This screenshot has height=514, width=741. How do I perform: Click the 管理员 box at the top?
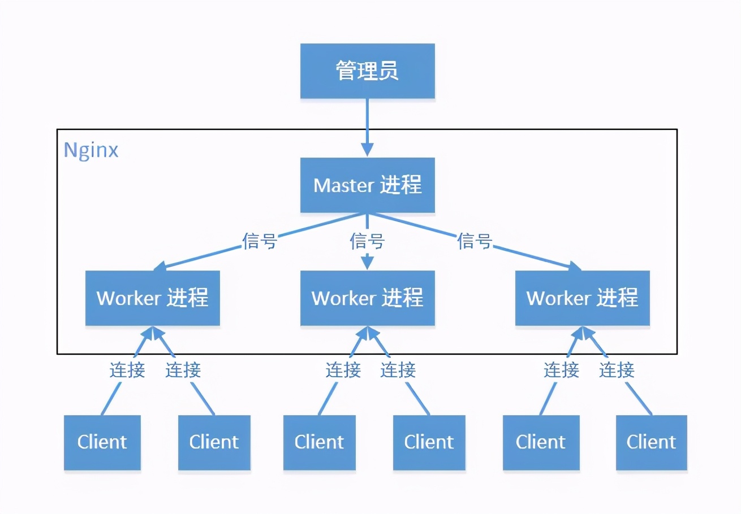(x=368, y=71)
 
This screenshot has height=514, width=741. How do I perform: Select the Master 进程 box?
(x=368, y=185)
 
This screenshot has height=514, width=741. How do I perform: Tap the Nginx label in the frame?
(x=91, y=150)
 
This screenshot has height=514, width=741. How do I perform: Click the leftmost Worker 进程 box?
(x=153, y=298)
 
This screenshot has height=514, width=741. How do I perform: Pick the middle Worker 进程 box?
(x=368, y=298)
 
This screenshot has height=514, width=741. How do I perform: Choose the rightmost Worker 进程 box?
(x=583, y=298)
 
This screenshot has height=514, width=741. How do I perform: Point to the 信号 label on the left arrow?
(x=259, y=241)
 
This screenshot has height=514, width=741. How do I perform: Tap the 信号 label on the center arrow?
(x=368, y=241)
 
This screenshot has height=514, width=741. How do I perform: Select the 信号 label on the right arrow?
(x=475, y=241)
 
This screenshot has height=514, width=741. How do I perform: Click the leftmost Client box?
(x=102, y=442)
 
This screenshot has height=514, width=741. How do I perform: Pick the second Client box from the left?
(x=214, y=442)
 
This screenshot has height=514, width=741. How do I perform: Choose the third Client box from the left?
(x=320, y=442)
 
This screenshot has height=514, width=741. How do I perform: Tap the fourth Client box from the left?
(x=429, y=442)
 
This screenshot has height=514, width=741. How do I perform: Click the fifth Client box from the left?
(x=541, y=442)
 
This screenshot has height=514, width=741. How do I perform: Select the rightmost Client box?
(x=652, y=442)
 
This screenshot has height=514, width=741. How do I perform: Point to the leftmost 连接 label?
(x=127, y=370)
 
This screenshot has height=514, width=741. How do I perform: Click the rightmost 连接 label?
(x=617, y=370)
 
